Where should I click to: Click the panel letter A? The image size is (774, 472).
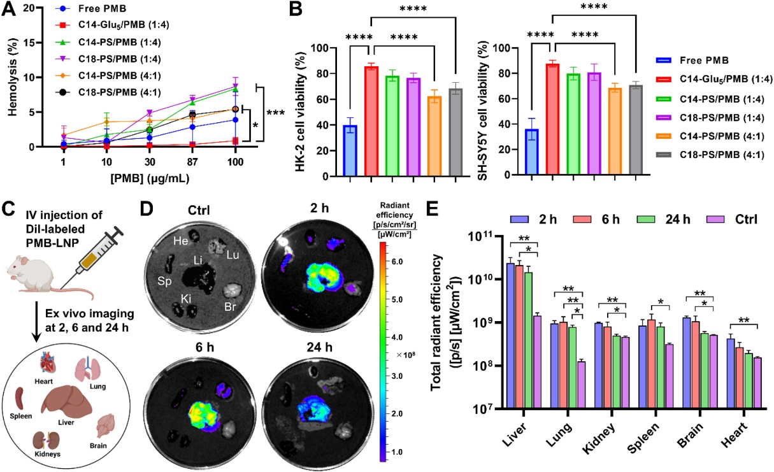click(9, 9)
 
